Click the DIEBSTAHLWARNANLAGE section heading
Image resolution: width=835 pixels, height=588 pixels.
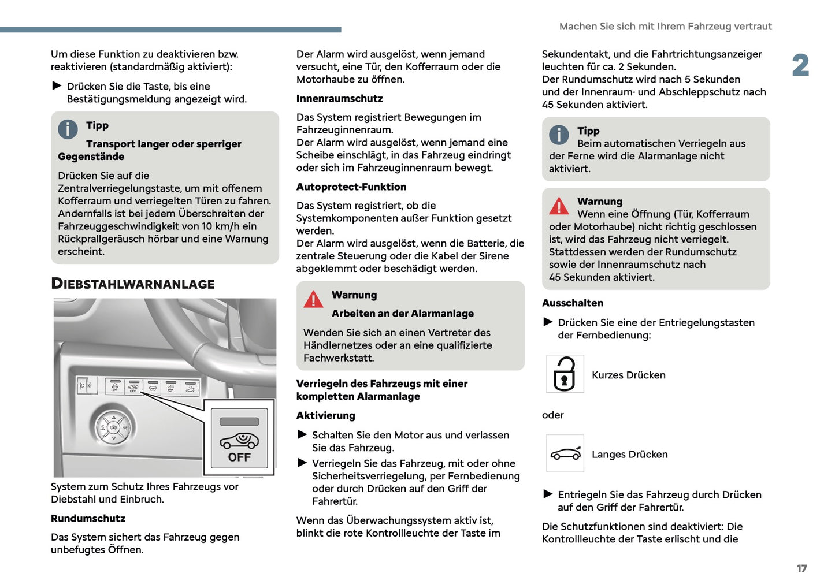[132, 284]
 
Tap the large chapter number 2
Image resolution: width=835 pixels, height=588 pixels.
[800, 65]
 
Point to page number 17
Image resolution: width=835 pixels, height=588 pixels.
[801, 568]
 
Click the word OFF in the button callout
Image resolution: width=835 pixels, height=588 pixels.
[239, 457]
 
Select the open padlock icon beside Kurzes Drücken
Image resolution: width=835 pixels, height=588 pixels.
[565, 374]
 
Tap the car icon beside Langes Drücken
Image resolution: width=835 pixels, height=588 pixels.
[565, 453]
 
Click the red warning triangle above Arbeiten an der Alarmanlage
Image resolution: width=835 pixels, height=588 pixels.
[313, 299]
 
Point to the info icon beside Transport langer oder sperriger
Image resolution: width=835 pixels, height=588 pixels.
[68, 129]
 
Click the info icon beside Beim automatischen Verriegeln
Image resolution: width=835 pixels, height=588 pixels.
[558, 135]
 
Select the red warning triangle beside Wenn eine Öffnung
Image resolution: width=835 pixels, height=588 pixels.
[559, 206]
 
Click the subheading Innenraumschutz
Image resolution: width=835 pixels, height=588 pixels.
[339, 99]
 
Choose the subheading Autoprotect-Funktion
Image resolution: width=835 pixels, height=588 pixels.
[351, 187]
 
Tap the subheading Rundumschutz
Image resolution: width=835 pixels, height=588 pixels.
[88, 519]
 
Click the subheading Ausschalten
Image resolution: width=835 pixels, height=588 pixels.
[572, 303]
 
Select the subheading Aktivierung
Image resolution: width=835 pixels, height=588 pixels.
[325, 416]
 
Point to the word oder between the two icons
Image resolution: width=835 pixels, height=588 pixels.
[552, 415]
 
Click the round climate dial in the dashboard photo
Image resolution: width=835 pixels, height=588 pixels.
[114, 428]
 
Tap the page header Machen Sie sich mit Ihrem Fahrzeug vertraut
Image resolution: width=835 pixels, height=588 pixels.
[665, 27]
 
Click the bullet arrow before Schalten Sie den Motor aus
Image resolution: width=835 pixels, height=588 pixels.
[302, 434]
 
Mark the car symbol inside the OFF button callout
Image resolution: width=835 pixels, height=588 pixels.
[239, 441]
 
